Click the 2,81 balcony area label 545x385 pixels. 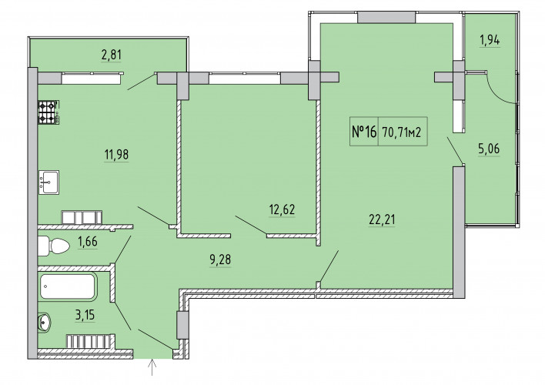(x=112, y=55)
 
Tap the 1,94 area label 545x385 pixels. (x=490, y=40)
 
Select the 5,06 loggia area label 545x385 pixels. (x=489, y=149)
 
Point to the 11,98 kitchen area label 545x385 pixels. (x=116, y=154)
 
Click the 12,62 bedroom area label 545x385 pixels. (x=282, y=209)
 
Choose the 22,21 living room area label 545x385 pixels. (x=382, y=219)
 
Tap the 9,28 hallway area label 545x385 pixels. (x=220, y=259)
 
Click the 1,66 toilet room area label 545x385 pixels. (x=88, y=241)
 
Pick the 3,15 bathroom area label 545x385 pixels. (x=85, y=315)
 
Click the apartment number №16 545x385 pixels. (x=364, y=132)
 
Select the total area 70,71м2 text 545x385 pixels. (x=402, y=132)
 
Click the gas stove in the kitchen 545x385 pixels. (x=48, y=112)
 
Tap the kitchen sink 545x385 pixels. (x=48, y=182)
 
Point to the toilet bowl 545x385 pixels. (x=54, y=246)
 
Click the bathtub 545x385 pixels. (x=68, y=287)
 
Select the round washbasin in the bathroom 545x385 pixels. (x=44, y=322)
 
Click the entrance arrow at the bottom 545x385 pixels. (x=152, y=368)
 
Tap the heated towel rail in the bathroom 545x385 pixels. (x=90, y=341)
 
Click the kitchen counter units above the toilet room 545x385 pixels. (x=82, y=217)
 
